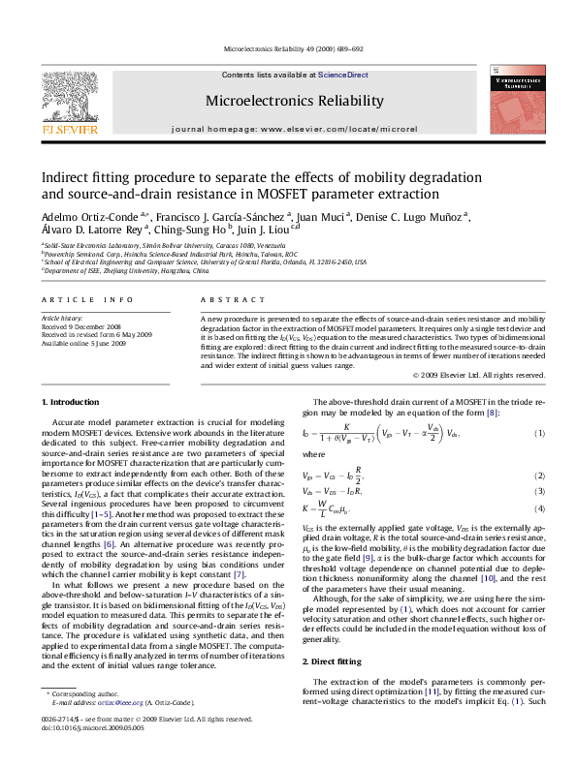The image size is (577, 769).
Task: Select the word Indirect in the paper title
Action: [67, 177]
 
